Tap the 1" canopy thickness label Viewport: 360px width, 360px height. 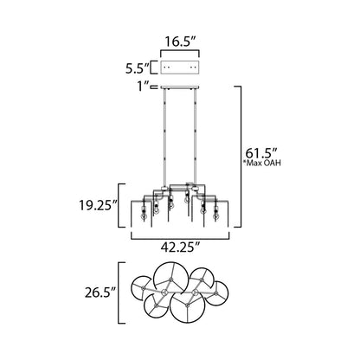point(140,87)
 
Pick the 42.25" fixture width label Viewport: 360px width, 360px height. point(181,247)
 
